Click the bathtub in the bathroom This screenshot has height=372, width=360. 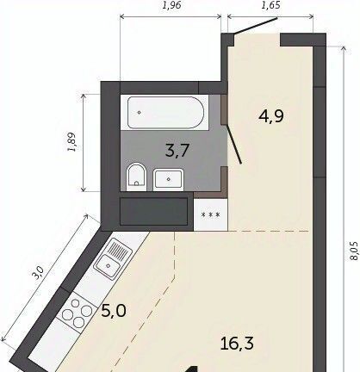click(165, 113)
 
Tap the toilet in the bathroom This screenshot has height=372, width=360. click(137, 177)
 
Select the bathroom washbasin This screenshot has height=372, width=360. click(168, 179)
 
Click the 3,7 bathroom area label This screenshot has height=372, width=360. click(177, 151)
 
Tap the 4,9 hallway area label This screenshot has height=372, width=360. click(271, 116)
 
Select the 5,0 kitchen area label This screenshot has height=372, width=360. click(114, 311)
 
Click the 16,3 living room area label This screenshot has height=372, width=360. click(237, 344)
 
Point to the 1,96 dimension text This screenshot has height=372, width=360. click(171, 5)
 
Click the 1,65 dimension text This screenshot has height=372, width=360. click(270, 5)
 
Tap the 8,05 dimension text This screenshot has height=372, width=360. click(354, 251)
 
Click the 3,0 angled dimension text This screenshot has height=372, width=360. click(38, 273)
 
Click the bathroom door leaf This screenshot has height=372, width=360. click(234, 144)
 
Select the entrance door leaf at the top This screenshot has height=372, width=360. click(256, 26)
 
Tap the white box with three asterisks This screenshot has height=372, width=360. click(211, 214)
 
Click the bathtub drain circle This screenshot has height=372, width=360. click(140, 113)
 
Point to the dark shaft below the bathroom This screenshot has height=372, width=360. click(153, 212)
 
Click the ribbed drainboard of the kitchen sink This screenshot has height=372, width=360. click(118, 249)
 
